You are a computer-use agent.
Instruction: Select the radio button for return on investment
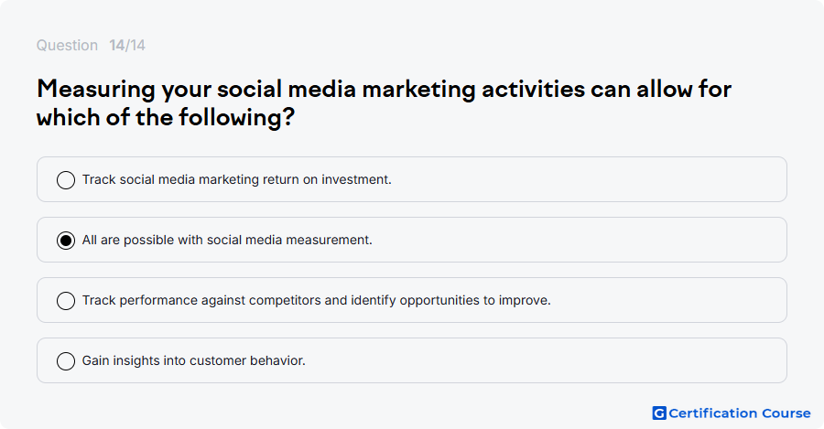tap(66, 180)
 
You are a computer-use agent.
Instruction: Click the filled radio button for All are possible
tap(66, 241)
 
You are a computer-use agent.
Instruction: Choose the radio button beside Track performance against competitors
tap(66, 301)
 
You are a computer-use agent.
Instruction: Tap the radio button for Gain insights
tap(66, 361)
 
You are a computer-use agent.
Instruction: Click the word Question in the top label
tap(67, 46)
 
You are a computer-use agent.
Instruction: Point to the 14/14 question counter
tap(127, 45)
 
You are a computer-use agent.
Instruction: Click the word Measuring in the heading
tap(96, 90)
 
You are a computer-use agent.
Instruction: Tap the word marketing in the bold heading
tap(418, 90)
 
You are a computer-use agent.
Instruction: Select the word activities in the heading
tap(534, 89)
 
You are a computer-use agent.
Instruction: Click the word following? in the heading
tap(236, 118)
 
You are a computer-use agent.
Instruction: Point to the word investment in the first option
tap(356, 179)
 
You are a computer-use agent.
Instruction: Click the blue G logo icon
tap(659, 413)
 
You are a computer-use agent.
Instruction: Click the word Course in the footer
tap(786, 413)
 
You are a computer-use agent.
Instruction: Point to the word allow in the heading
tap(665, 89)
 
